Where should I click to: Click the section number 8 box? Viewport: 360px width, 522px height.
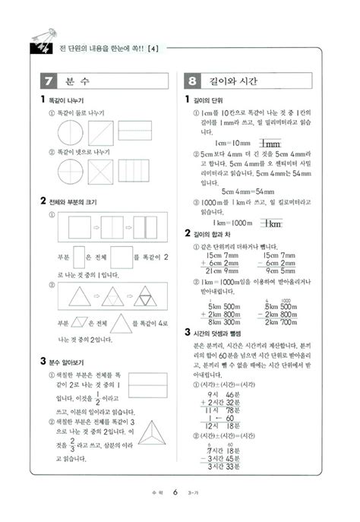193,81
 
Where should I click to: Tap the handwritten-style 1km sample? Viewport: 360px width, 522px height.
271,223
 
